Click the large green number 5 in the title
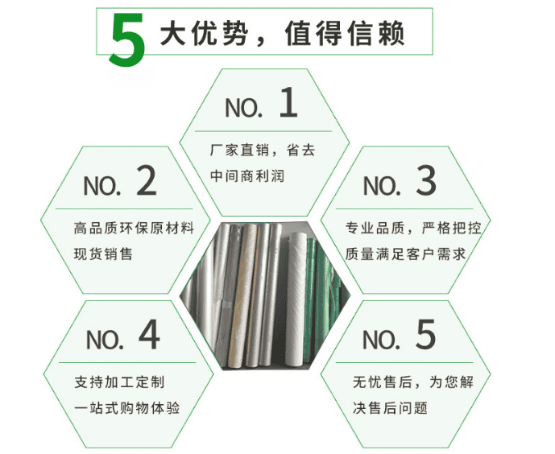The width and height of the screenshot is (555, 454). click(x=127, y=40)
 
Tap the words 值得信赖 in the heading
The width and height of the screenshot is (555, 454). click(x=345, y=33)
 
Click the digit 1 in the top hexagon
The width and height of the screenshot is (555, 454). click(x=288, y=102)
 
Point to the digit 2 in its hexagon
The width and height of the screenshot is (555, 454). click(x=147, y=180)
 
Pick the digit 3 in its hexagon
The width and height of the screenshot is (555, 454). click(x=426, y=180)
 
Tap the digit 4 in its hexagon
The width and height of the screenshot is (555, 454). click(x=149, y=334)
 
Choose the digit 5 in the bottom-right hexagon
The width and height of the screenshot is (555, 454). click(x=425, y=335)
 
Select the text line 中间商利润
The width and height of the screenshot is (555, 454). click(x=247, y=175)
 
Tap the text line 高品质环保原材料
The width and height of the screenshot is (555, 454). click(x=135, y=228)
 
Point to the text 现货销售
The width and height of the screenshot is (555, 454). click(x=103, y=254)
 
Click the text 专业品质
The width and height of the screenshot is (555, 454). click(x=375, y=228)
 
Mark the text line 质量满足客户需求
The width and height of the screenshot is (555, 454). click(x=406, y=254)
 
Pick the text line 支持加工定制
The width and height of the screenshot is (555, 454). click(x=119, y=382)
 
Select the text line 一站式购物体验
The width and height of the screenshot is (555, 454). click(x=126, y=408)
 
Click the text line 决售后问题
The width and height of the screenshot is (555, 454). click(x=390, y=408)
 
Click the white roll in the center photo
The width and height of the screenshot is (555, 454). click(x=295, y=297)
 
